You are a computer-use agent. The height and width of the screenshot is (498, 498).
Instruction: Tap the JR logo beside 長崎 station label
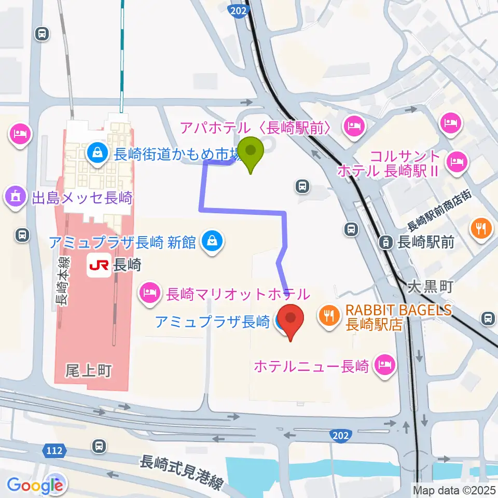[x=99, y=265]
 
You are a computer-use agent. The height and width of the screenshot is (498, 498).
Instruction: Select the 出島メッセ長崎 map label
[x=82, y=198]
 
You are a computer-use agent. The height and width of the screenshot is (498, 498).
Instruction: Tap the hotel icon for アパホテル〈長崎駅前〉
[x=355, y=125]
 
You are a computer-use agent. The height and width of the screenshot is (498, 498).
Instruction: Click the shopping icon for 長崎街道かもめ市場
[x=96, y=153]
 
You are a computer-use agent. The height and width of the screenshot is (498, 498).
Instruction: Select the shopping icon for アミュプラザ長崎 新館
[x=212, y=241]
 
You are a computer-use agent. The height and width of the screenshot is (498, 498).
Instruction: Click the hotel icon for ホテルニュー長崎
[x=385, y=367]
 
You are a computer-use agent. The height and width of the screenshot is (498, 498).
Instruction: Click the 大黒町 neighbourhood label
[x=431, y=286]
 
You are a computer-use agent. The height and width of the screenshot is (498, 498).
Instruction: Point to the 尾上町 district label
[x=88, y=370]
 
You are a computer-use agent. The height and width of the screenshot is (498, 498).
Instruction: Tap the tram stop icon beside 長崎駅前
[x=386, y=241]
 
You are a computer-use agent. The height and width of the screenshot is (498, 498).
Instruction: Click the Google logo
[x=35, y=485]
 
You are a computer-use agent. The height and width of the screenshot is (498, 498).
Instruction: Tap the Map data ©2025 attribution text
[x=454, y=489]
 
